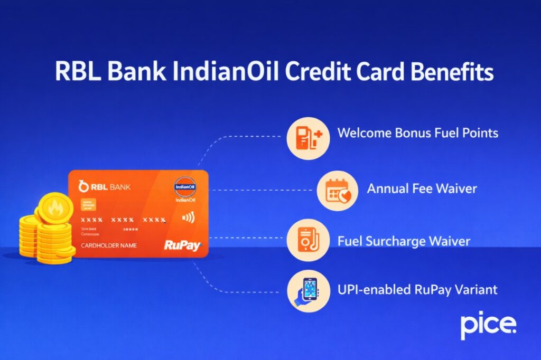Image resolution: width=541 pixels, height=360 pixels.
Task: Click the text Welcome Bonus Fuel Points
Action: click(417, 132)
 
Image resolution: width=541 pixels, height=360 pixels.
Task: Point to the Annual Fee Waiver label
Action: click(422, 188)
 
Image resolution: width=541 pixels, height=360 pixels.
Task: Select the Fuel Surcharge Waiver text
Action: click(404, 241)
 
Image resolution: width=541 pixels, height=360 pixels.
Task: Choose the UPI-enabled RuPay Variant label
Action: click(417, 290)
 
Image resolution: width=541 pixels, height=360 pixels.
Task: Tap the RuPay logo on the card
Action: click(182, 245)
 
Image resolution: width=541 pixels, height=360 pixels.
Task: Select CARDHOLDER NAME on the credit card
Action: click(109, 245)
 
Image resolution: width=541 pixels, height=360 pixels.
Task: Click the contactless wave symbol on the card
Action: click(186, 217)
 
